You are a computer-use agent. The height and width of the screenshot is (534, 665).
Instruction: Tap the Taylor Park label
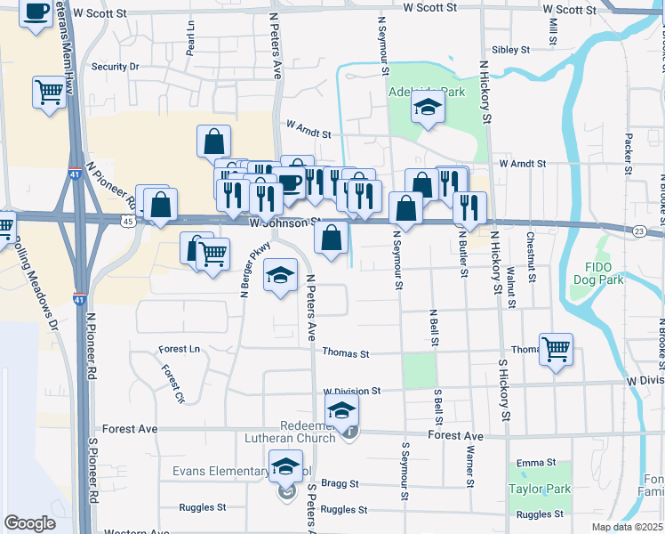tap(539, 489)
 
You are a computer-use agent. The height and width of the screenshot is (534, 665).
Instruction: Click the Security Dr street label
tap(116, 67)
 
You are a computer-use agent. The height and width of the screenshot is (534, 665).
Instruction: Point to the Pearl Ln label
tap(190, 42)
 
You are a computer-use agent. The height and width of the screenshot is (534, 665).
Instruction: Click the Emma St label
tap(536, 463)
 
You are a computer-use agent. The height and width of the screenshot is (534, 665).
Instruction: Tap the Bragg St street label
tap(341, 484)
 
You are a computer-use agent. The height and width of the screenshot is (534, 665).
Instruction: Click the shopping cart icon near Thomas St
tap(556, 349)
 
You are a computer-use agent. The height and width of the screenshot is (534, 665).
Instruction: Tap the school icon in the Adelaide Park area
tap(428, 109)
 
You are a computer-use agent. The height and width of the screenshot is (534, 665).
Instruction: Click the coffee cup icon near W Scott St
tap(36, 12)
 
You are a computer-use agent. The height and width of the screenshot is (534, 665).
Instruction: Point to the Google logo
tap(29, 523)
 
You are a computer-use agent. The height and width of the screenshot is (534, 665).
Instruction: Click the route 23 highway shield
tap(639, 231)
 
